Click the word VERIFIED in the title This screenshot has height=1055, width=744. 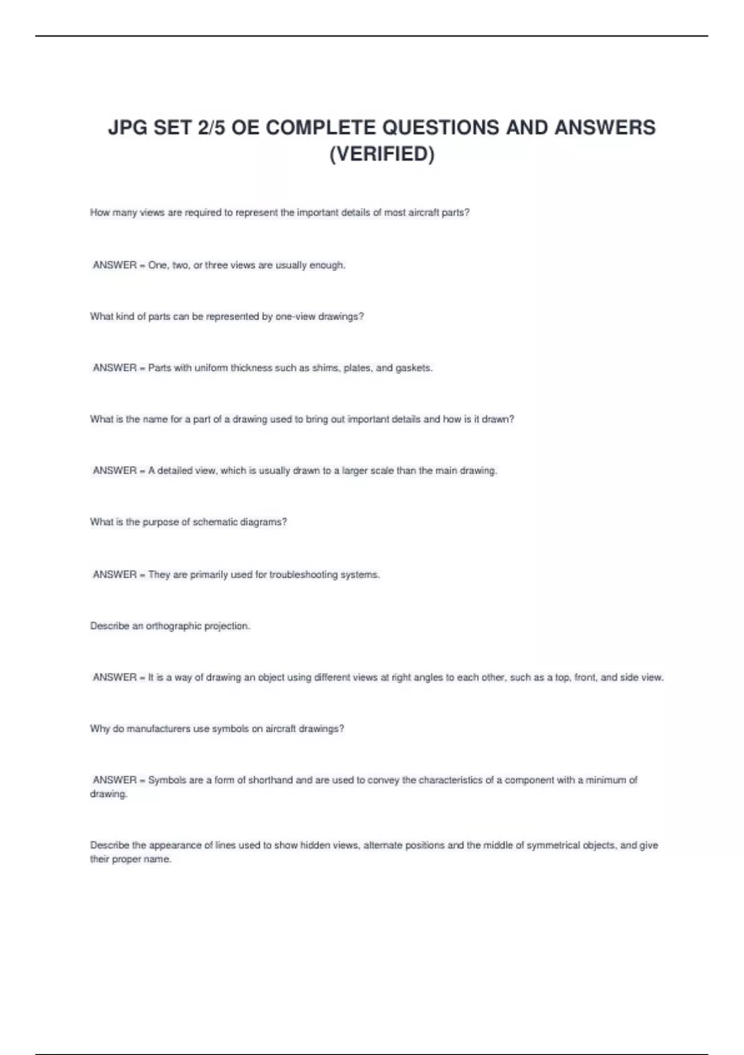[x=382, y=153]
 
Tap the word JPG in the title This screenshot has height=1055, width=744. [x=128, y=127]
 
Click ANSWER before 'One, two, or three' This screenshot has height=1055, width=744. [x=115, y=265]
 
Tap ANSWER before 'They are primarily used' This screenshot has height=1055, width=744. [x=115, y=575]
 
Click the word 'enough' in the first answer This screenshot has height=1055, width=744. [x=327, y=265]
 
